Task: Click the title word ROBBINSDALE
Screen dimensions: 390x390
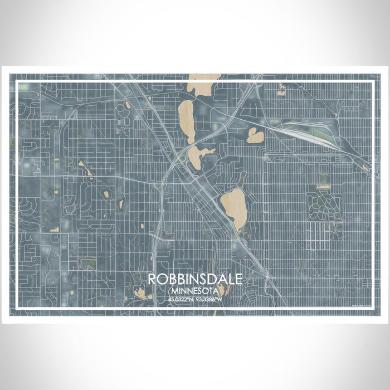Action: (x=195, y=280)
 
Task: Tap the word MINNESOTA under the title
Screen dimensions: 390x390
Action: (x=195, y=290)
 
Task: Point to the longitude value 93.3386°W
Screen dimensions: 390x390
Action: (x=209, y=299)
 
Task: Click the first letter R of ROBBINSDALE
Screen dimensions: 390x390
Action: (x=152, y=280)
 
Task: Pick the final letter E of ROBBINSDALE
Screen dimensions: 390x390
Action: (x=238, y=280)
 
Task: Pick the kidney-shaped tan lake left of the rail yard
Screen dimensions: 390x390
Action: (x=255, y=135)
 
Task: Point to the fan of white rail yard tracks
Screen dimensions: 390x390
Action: (x=312, y=136)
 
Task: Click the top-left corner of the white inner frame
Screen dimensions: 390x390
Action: (x=17, y=82)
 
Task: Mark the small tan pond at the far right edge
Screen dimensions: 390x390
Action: (x=365, y=167)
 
